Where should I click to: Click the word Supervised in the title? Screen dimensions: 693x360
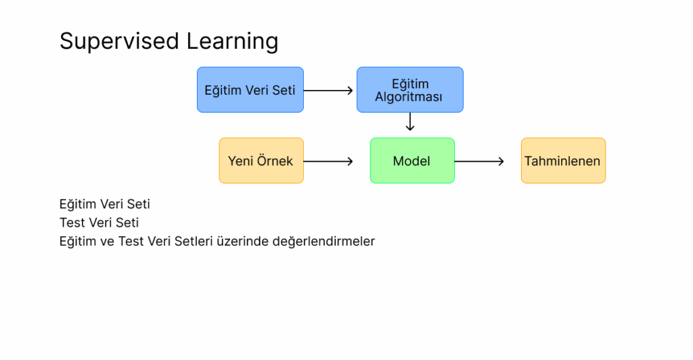[119, 41]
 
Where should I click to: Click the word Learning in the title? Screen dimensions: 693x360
[233, 42]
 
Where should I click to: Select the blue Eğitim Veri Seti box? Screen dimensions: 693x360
[250, 90]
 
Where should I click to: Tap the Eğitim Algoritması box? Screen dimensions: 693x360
[410, 90]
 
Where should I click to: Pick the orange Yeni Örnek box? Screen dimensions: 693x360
[261, 160]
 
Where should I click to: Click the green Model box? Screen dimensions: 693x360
[412, 160]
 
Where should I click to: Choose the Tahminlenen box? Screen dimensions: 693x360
[564, 160]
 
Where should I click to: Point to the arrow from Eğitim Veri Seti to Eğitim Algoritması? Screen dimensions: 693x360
[328, 91]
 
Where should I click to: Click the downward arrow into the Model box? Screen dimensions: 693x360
[410, 122]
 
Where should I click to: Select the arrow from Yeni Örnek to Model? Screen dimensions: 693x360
[328, 161]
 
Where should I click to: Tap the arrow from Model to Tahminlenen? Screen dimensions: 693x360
[480, 161]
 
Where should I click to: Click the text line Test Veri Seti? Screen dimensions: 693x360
[99, 223]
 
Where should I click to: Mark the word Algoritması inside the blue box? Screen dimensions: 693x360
[409, 97]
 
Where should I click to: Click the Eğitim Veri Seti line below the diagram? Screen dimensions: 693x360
[105, 204]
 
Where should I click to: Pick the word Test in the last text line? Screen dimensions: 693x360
[131, 241]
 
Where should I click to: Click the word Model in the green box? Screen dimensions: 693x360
[411, 161]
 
